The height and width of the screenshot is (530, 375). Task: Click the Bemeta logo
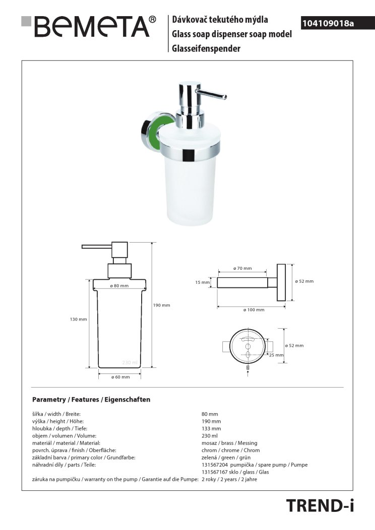tap(89, 26)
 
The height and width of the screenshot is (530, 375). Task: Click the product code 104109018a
tap(328, 23)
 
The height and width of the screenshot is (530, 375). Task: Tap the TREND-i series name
tap(320, 506)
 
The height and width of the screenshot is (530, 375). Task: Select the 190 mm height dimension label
tap(161, 305)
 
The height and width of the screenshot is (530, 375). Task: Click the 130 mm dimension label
tap(79, 319)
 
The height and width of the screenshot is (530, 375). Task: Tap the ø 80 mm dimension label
tap(119, 285)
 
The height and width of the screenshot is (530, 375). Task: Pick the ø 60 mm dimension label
tap(120, 377)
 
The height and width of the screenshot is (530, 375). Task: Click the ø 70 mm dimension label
tap(242, 268)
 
